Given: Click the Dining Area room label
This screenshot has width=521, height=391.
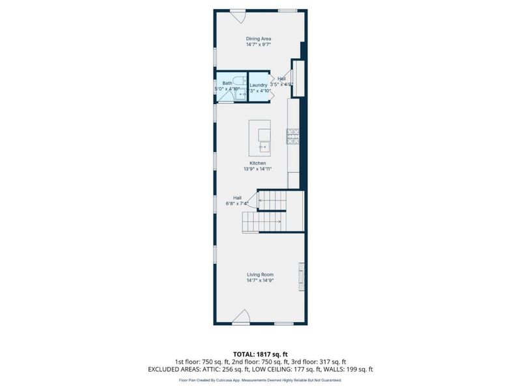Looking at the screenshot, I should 259,38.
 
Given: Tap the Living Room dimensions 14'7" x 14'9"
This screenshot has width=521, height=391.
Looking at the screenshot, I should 259,281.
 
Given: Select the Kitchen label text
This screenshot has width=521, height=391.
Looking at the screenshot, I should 258,163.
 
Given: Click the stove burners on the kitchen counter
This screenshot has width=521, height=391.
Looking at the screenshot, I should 293,136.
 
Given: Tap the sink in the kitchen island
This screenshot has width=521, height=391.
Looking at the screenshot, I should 264,147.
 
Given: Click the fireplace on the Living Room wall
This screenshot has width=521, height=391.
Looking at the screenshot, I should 300,276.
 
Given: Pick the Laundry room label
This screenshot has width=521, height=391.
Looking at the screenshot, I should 259,85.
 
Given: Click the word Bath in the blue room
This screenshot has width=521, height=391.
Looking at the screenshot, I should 227,83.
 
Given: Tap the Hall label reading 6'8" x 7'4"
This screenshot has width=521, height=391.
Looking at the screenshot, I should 238,201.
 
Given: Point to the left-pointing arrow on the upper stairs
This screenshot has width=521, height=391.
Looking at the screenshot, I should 261,201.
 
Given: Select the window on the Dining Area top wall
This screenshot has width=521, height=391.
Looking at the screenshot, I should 288,10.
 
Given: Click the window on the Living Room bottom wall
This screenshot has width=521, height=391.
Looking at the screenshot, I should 283,323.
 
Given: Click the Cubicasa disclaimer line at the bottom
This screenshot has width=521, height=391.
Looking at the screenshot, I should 260,380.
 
